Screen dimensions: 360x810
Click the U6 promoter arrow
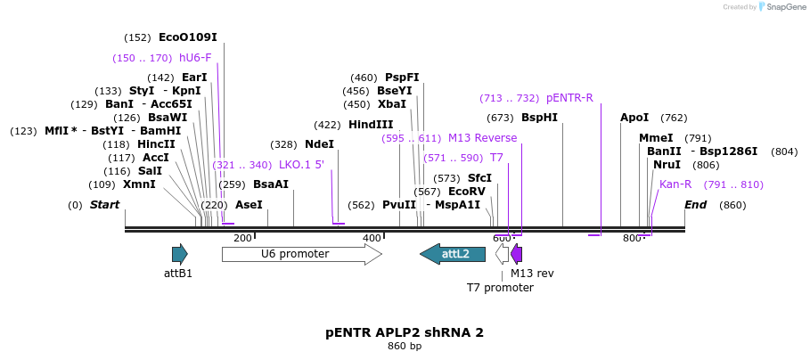coord(301,254)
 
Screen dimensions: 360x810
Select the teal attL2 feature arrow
coord(453,254)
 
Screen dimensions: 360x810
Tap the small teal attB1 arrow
coord(179,254)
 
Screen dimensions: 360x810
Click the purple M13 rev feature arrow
coord(517,254)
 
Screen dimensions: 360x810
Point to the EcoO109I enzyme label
coord(187,37)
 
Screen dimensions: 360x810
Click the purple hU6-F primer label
coord(195,58)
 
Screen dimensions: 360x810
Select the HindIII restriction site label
coord(370,125)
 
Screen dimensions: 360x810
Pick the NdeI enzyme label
coord(319,144)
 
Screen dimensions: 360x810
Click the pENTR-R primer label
coord(569,98)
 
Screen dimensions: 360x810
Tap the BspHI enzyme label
coord(539,118)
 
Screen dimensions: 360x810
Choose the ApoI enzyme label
coord(634,118)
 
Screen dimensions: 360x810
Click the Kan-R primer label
coord(675,184)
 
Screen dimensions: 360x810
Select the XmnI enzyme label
coord(139,184)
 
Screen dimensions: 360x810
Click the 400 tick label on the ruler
coord(372,238)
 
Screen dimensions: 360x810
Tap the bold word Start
coord(104,205)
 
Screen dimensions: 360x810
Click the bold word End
coord(696,205)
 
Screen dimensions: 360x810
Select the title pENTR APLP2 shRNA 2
coord(405,332)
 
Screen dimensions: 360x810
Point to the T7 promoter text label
coord(500,288)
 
